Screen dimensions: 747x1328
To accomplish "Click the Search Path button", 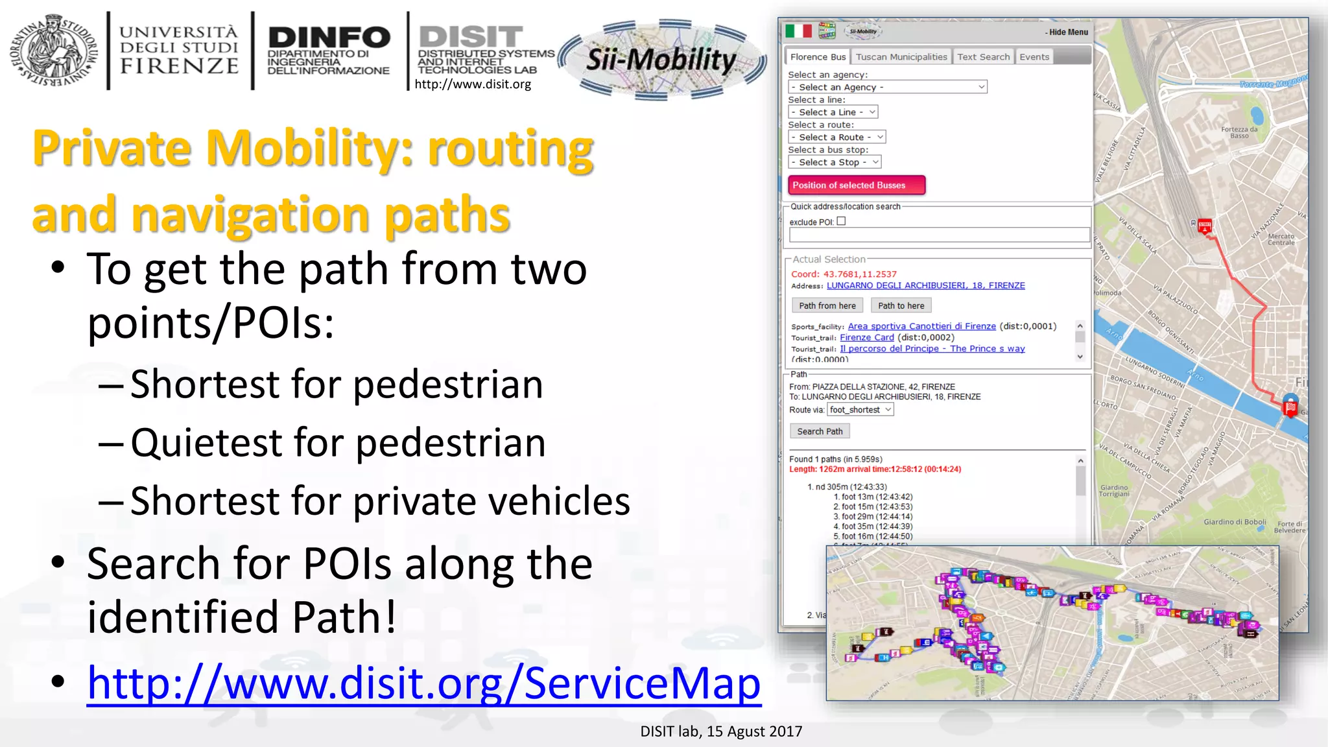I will point(820,431).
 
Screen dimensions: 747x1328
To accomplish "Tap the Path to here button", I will point(901,305).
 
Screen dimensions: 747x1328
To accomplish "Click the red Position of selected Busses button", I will point(856,185).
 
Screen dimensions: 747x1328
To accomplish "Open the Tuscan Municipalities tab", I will point(901,57).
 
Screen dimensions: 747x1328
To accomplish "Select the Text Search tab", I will point(983,57).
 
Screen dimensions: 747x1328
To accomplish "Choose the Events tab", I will point(1034,57).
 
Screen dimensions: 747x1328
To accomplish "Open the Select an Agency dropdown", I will point(887,87).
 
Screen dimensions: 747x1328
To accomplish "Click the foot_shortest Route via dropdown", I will point(860,410).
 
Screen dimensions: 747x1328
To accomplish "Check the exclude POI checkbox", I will point(841,221).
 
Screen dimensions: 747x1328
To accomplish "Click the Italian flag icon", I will point(798,31).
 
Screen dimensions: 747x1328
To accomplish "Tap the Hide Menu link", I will point(1067,32).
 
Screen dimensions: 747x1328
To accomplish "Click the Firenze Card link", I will point(866,337).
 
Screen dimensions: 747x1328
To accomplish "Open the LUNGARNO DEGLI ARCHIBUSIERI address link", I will point(925,285).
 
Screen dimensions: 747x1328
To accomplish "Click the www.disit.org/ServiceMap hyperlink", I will point(424,683).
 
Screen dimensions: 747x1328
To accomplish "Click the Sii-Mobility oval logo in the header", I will point(661,60).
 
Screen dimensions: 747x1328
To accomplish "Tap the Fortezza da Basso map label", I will point(1239,132).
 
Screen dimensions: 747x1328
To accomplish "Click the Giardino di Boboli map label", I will point(1235,522).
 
